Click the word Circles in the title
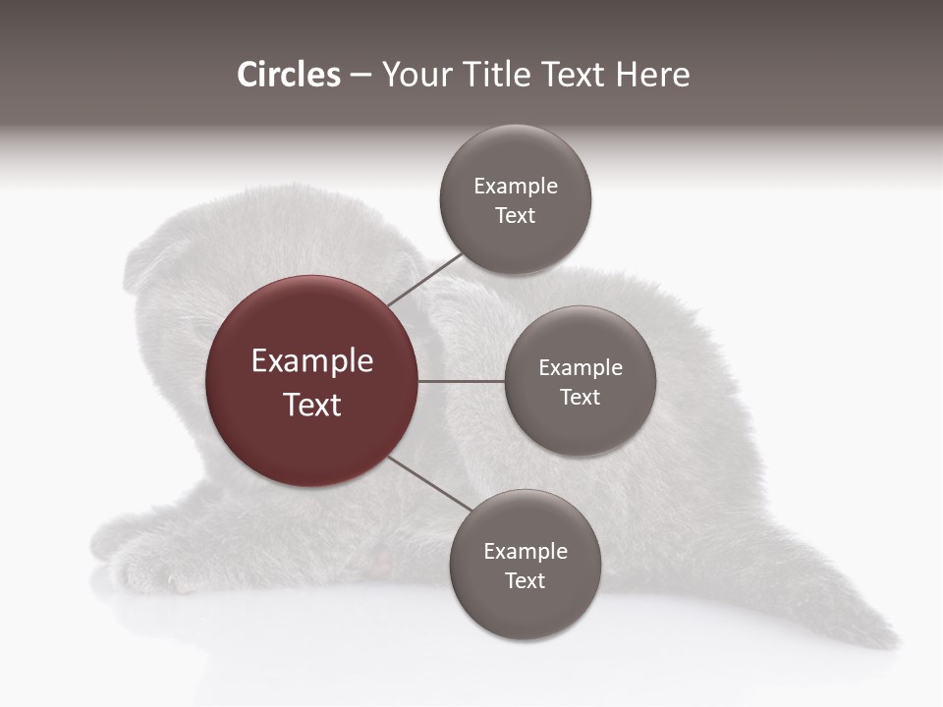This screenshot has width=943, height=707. point(288,75)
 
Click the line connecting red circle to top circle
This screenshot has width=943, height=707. point(424,279)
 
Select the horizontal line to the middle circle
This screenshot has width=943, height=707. point(462,381)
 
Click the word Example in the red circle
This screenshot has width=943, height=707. point(311,361)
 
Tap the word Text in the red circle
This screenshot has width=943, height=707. point(311,405)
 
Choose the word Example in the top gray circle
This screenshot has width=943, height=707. point(515,187)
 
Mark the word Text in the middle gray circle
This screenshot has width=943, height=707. point(580,397)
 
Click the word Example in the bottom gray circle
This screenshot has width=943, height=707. point(525,552)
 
